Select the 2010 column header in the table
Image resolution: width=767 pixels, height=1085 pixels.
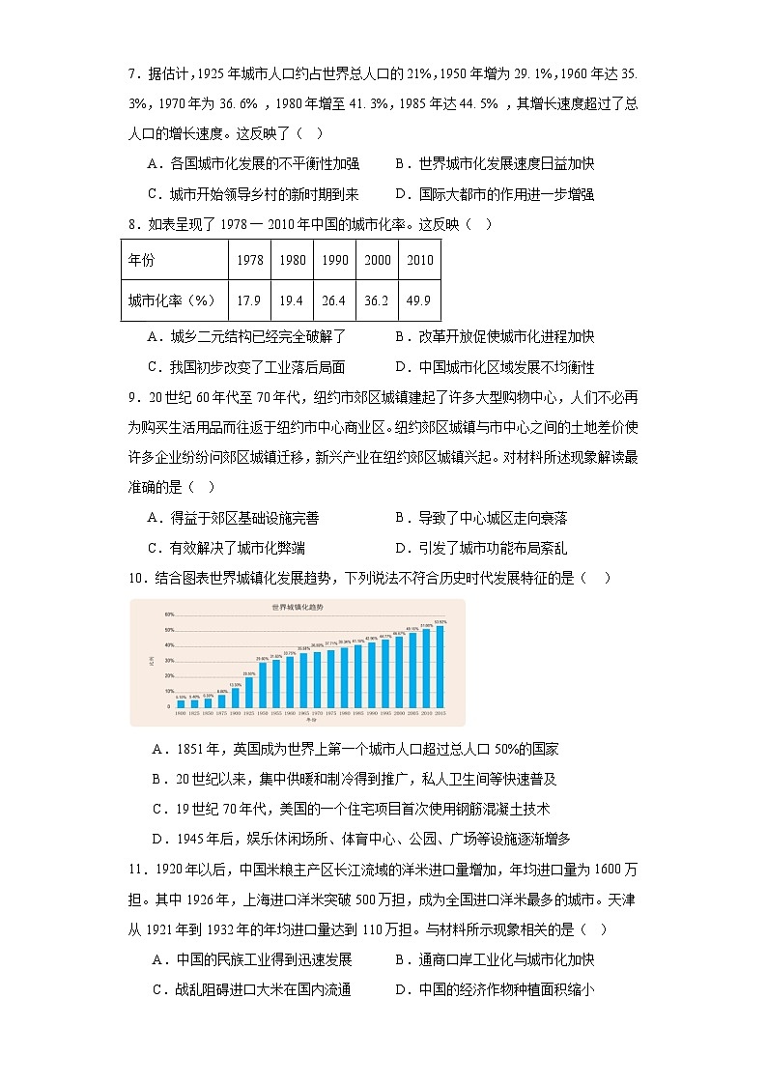419,260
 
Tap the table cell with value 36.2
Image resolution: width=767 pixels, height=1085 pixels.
376,300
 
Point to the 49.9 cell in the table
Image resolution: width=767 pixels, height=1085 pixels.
419,300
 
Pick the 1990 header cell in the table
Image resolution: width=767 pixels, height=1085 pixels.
334,260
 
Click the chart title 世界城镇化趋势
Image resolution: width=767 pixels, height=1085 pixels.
297,608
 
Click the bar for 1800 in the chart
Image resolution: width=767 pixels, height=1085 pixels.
181,702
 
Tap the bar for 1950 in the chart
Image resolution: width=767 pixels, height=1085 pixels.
263,684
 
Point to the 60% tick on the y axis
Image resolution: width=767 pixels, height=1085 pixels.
168,614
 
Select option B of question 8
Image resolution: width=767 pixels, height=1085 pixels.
493,337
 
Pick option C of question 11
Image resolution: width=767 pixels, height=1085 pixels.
251,988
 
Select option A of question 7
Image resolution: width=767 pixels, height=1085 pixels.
251,164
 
